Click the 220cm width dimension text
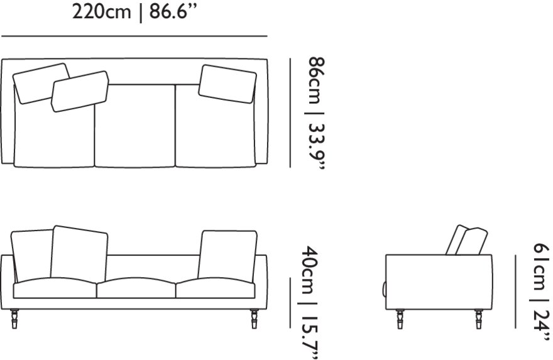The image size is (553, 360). click(101, 12)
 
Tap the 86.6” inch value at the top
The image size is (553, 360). click(173, 11)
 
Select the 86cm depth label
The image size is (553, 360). click(315, 80)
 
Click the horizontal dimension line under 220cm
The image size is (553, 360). click(134, 36)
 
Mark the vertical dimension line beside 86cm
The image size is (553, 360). click(290, 113)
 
